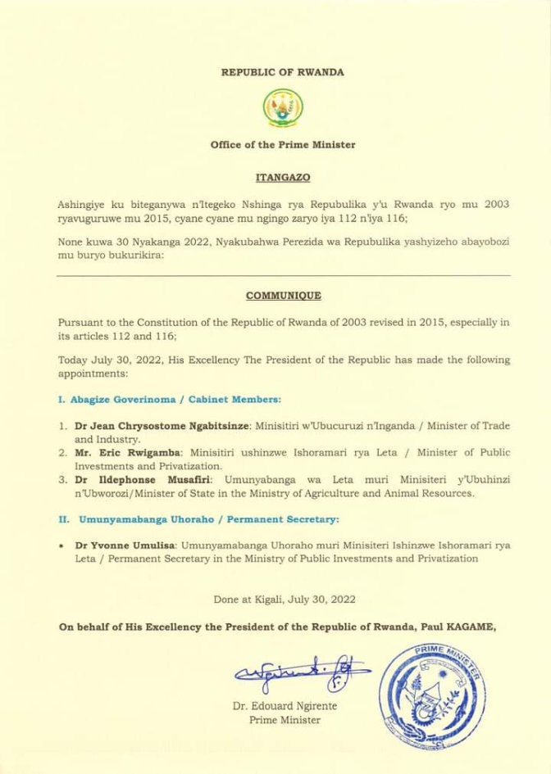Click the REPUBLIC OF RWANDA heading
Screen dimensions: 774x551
(x=283, y=72)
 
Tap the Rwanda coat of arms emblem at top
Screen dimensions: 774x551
(x=283, y=107)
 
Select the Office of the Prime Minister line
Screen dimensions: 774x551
(x=283, y=145)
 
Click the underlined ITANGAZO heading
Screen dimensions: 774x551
(x=283, y=176)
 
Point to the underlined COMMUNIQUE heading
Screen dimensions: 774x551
(x=283, y=296)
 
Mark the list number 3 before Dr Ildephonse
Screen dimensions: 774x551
(x=62, y=479)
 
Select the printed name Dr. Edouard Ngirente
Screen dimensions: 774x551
(x=285, y=706)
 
